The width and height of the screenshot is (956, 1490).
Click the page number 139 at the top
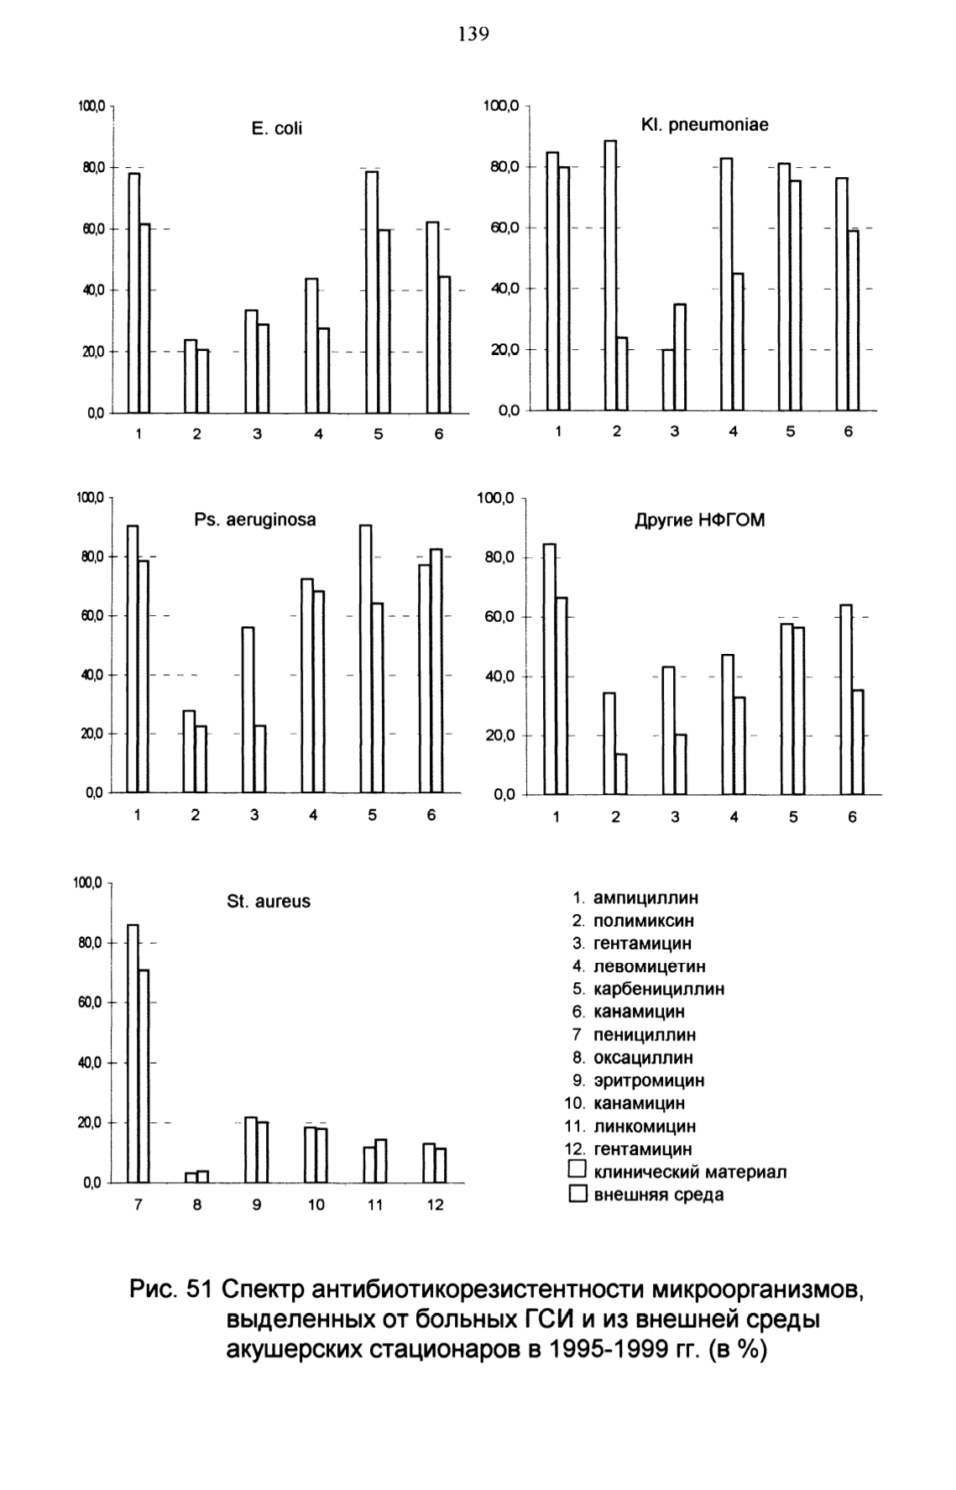(473, 34)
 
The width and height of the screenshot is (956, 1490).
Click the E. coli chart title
(277, 128)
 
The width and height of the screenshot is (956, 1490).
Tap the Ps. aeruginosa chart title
(255, 520)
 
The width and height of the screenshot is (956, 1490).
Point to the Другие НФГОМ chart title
(699, 520)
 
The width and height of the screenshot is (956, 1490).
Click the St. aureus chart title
(269, 902)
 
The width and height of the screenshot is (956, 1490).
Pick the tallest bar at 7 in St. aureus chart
(133, 1053)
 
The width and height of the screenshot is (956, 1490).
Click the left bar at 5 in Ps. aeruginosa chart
(365, 659)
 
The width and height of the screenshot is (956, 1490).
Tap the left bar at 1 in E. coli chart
(134, 293)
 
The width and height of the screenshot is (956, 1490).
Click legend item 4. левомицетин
(639, 966)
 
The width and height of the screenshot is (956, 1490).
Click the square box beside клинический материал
(577, 1170)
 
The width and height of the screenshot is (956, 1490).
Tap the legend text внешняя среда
(659, 1195)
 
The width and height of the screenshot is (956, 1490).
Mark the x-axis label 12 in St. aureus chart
(436, 1205)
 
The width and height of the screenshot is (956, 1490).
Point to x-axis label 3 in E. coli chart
(257, 435)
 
